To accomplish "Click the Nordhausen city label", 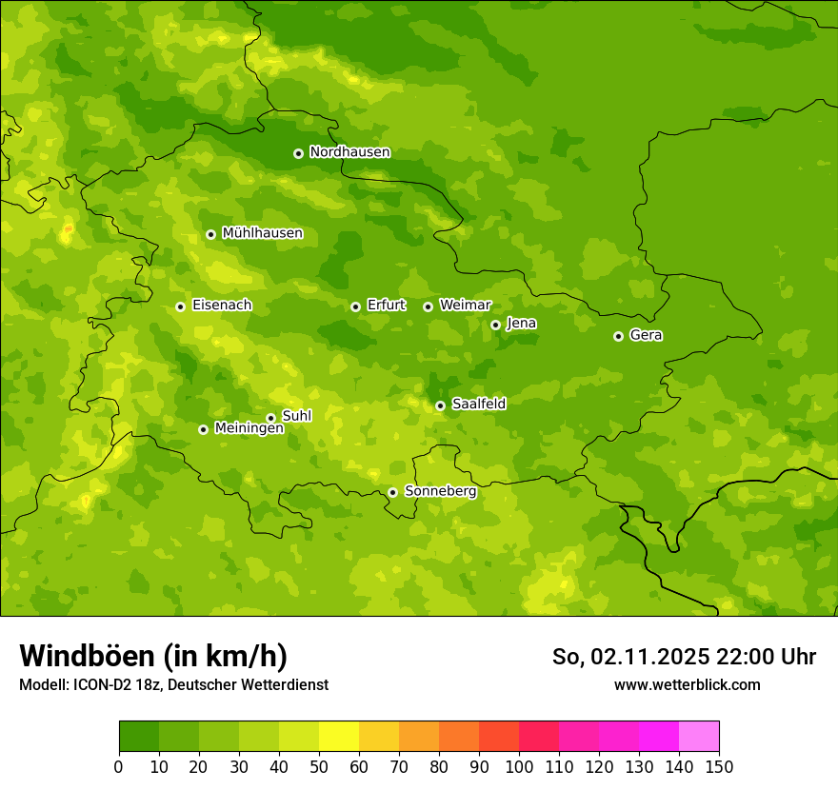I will (x=349, y=152).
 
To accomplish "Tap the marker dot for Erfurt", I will (x=355, y=306).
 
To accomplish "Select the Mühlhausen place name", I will (x=262, y=233).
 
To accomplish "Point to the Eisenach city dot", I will (x=180, y=306).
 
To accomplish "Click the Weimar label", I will (x=465, y=306).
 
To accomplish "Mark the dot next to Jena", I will (x=495, y=325).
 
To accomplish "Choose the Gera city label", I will (x=646, y=335).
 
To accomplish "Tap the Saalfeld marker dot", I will (x=440, y=405).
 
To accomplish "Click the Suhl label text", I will (x=296, y=416).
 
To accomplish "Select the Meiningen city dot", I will (x=203, y=429).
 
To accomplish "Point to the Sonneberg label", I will (x=440, y=491).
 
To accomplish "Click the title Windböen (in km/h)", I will (x=152, y=656).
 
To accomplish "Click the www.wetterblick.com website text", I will (x=687, y=684).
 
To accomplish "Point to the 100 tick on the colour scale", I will (x=519, y=766).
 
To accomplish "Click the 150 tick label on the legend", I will (x=719, y=766).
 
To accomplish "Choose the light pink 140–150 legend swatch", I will (x=699, y=737).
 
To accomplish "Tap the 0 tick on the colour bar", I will (x=119, y=766).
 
